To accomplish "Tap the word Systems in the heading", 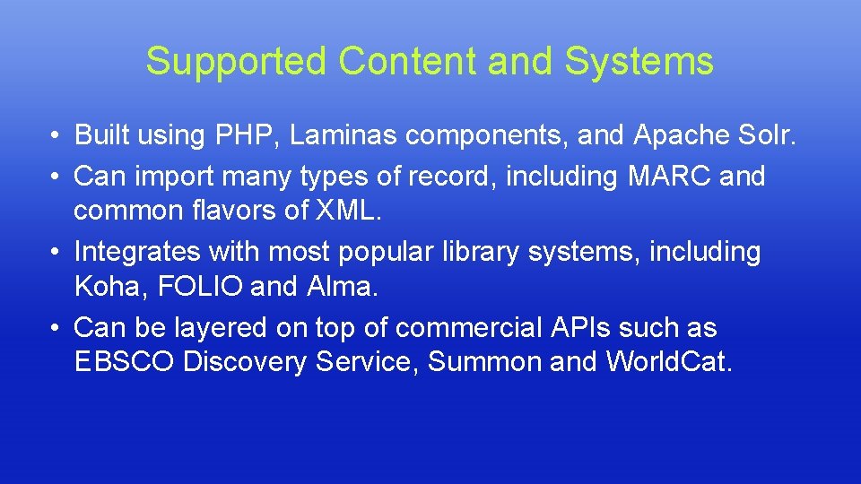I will coord(639,62).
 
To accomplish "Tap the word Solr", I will coord(765,135).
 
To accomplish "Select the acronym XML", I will coord(361,212).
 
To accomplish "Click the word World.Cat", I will coord(668,362).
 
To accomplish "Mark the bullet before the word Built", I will coord(56,136).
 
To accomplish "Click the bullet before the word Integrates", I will coord(56,253).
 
